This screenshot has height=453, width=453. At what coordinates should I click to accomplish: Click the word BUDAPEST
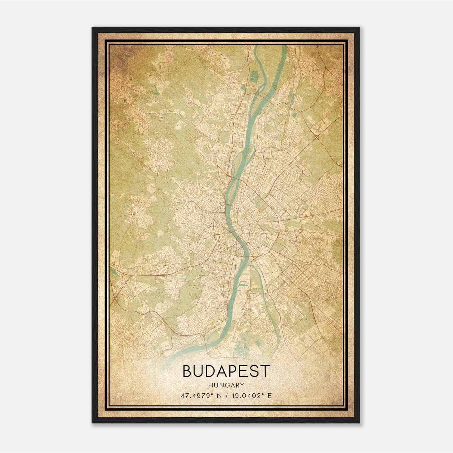point(226,371)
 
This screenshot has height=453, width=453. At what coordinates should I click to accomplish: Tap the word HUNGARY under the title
point(226,385)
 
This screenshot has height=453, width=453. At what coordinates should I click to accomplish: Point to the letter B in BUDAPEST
point(187,371)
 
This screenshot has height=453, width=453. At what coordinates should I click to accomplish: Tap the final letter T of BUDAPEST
point(266,371)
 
